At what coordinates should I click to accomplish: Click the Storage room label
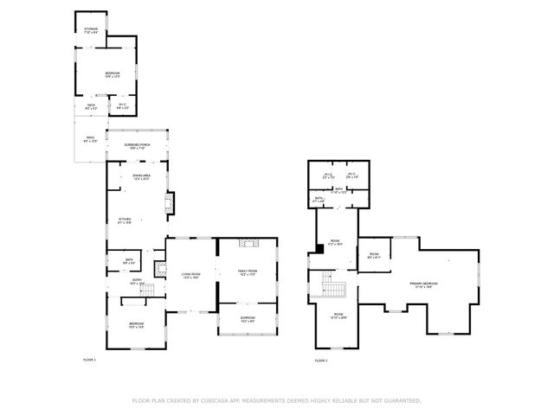[91, 31]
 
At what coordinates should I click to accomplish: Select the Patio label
[89, 140]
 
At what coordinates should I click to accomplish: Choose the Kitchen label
[125, 220]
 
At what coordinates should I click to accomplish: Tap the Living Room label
[191, 276]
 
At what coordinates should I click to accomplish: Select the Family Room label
[248, 272]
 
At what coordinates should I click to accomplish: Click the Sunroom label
[248, 319]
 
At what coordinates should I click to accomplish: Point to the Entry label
[137, 282]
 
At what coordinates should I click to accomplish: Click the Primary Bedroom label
[423, 284]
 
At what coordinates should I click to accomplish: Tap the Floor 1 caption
[89, 359]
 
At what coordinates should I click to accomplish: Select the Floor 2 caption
[321, 359]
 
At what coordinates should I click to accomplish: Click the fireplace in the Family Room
[248, 245]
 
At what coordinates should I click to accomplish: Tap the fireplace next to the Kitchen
[171, 202]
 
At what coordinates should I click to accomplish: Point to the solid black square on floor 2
[320, 249]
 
